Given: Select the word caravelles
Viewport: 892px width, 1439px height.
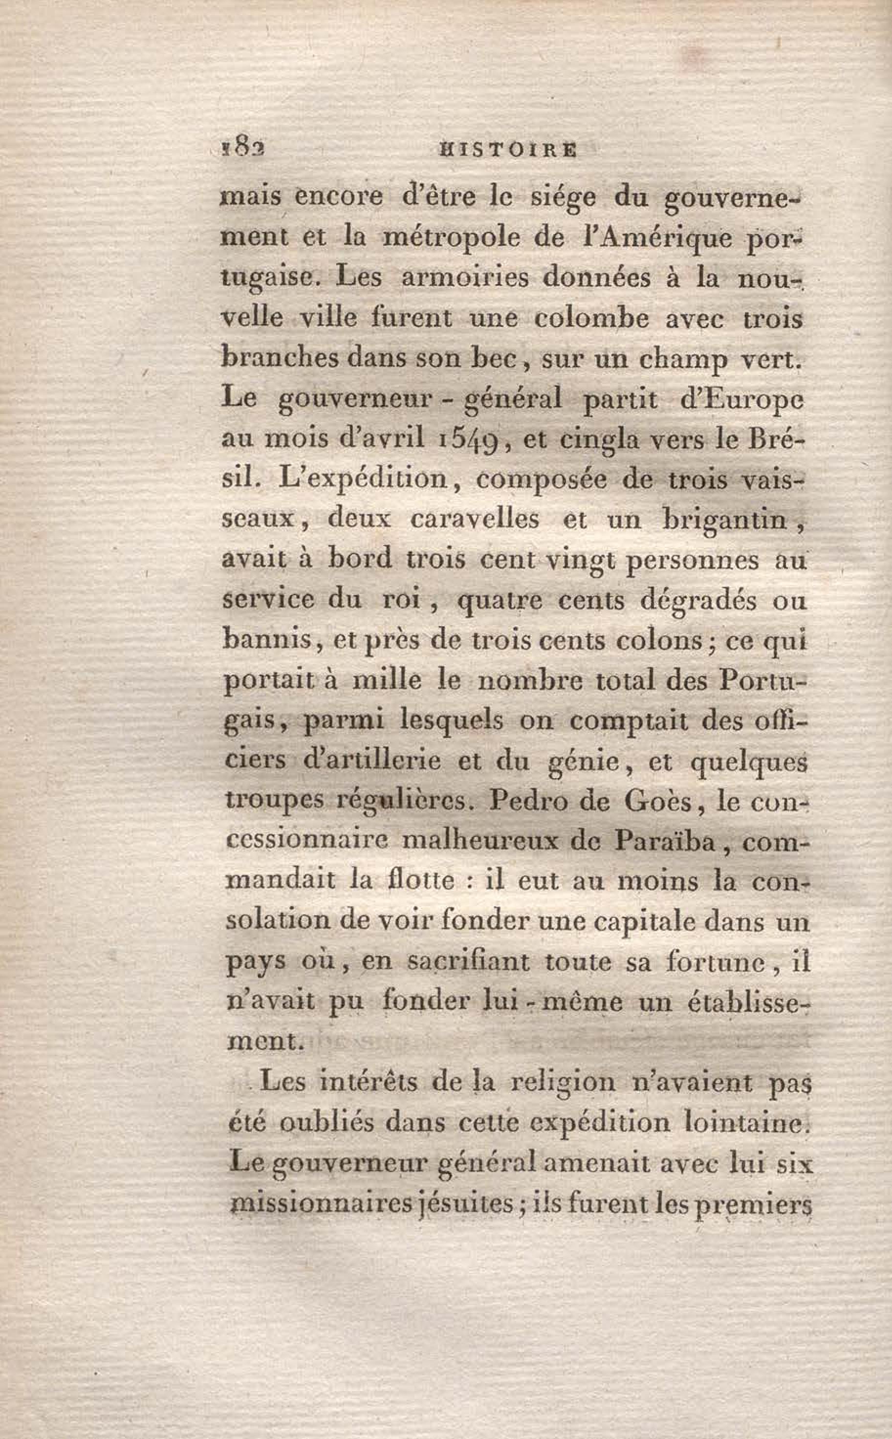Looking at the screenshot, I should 475,520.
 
